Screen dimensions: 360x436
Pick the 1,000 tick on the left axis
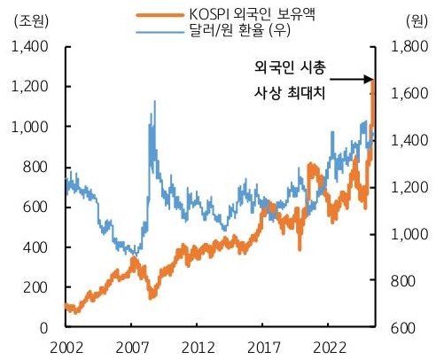[x=29, y=127]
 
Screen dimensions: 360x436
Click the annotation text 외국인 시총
[x=291, y=67]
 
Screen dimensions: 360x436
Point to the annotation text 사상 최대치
[x=291, y=91]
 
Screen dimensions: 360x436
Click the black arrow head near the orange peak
[x=369, y=79]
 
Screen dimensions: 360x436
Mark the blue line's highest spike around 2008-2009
[x=155, y=102]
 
